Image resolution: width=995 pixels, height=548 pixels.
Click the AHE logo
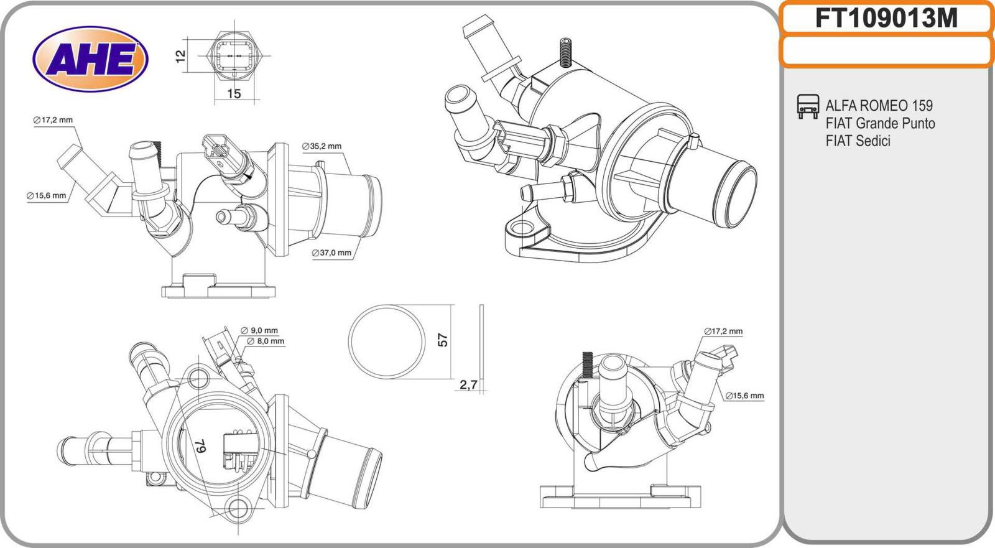tap(90, 59)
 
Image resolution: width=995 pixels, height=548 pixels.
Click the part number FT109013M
tap(886, 19)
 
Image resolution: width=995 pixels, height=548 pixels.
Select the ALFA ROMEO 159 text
tap(879, 105)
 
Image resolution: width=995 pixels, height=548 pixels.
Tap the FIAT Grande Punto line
tap(880, 123)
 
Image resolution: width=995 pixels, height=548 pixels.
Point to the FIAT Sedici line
tap(858, 141)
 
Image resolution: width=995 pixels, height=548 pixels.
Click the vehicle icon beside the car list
tap(808, 106)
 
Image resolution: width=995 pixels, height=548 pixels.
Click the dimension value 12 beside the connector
tap(181, 56)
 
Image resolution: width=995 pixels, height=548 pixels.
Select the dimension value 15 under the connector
tap(233, 94)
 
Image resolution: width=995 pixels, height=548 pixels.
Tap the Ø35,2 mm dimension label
tap(322, 147)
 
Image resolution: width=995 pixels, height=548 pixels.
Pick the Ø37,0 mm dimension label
tap(331, 253)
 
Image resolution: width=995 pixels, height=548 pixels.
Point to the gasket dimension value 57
tap(443, 340)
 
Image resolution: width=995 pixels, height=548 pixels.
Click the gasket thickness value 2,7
tap(468, 386)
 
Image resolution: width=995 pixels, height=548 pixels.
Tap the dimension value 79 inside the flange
tap(201, 445)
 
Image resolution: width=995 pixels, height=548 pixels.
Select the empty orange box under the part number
tap(886, 51)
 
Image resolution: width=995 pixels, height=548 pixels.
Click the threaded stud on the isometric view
tap(565, 52)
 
